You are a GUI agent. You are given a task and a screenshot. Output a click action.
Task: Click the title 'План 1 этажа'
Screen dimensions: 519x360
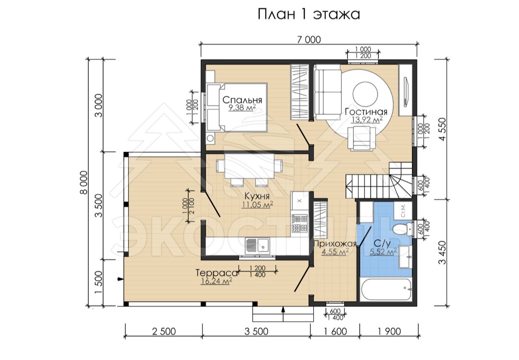click(309, 14)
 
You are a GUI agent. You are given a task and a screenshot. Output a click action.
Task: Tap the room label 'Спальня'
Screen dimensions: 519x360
click(242, 100)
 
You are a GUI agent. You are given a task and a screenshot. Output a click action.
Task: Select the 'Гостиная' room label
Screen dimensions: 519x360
click(366, 112)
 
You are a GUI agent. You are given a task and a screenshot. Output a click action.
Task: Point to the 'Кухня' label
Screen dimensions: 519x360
click(257, 197)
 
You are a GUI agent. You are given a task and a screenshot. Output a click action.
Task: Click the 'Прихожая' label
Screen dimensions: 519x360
click(335, 244)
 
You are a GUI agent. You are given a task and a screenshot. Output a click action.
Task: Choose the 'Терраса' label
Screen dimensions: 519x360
click(217, 273)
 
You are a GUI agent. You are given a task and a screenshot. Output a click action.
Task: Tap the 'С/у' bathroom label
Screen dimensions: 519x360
click(382, 243)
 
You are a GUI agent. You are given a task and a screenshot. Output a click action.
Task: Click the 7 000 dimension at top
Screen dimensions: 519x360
click(309, 40)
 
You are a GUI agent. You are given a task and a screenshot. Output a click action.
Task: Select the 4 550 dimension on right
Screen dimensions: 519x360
click(442, 129)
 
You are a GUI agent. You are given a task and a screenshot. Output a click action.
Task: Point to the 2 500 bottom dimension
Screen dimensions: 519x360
click(164, 331)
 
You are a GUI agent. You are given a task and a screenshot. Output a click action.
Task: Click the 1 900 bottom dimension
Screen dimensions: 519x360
click(389, 331)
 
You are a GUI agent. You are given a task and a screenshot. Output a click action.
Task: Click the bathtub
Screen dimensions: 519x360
click(386, 289)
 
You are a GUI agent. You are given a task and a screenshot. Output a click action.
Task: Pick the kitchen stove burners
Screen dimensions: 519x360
click(299, 223)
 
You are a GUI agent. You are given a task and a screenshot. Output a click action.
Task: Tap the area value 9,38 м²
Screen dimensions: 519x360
click(242, 107)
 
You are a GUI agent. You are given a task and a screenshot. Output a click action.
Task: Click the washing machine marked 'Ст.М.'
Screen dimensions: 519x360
click(403, 210)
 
